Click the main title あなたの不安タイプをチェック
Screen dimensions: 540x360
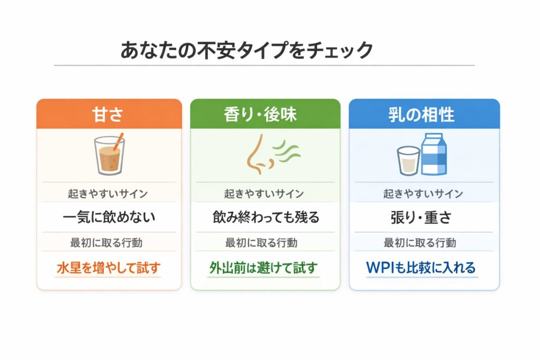247,50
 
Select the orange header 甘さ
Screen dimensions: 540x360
108,114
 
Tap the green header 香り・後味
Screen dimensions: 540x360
260,114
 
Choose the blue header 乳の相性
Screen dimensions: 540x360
421,114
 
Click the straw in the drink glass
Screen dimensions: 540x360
118,141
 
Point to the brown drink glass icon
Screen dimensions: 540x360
109,155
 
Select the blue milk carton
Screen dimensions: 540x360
434,154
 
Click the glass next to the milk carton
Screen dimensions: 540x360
409,161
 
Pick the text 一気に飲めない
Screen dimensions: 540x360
109,217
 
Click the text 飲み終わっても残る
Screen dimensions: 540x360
266,217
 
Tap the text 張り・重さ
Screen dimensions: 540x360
421,217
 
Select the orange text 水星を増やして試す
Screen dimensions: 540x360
109,268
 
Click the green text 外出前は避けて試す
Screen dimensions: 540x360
264,268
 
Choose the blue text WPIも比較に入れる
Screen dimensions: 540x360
421,267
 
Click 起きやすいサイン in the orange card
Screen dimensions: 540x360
108,194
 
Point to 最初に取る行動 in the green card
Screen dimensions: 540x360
262,242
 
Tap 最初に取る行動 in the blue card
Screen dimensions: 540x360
420,242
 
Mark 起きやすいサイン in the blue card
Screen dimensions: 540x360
423,194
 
